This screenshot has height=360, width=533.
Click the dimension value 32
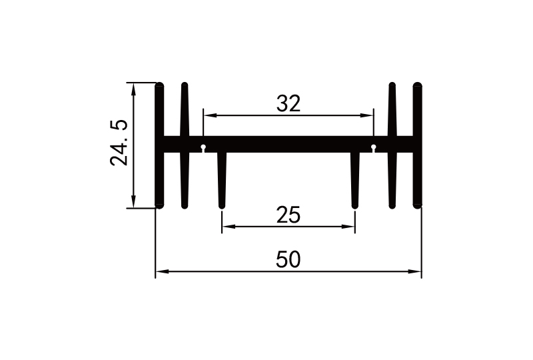288,103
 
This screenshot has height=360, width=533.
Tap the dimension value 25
288,215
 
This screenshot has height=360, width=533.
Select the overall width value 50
288,260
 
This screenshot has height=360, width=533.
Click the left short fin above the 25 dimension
222,180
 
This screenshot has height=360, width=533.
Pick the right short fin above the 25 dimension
355,180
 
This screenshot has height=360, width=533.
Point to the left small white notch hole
203,147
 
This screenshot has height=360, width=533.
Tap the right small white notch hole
374,147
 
